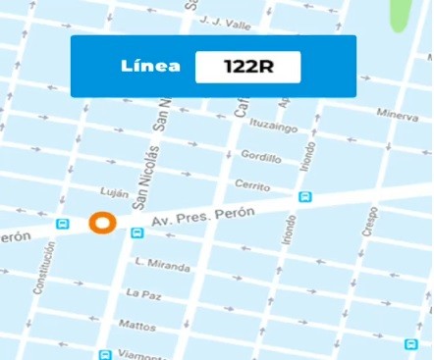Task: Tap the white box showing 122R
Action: coord(247,67)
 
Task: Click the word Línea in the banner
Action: coord(150,67)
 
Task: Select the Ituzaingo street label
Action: coord(274,125)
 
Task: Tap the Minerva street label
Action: coord(398,114)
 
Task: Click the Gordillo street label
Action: coord(260,157)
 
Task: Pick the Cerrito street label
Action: coord(252,185)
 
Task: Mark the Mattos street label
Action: coord(136,324)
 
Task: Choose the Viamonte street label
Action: coord(136,353)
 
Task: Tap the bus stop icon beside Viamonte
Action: coord(105,354)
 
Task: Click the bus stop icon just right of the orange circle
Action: coord(137,233)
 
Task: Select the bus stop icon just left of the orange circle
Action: coord(64,224)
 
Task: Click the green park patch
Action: coord(400,14)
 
